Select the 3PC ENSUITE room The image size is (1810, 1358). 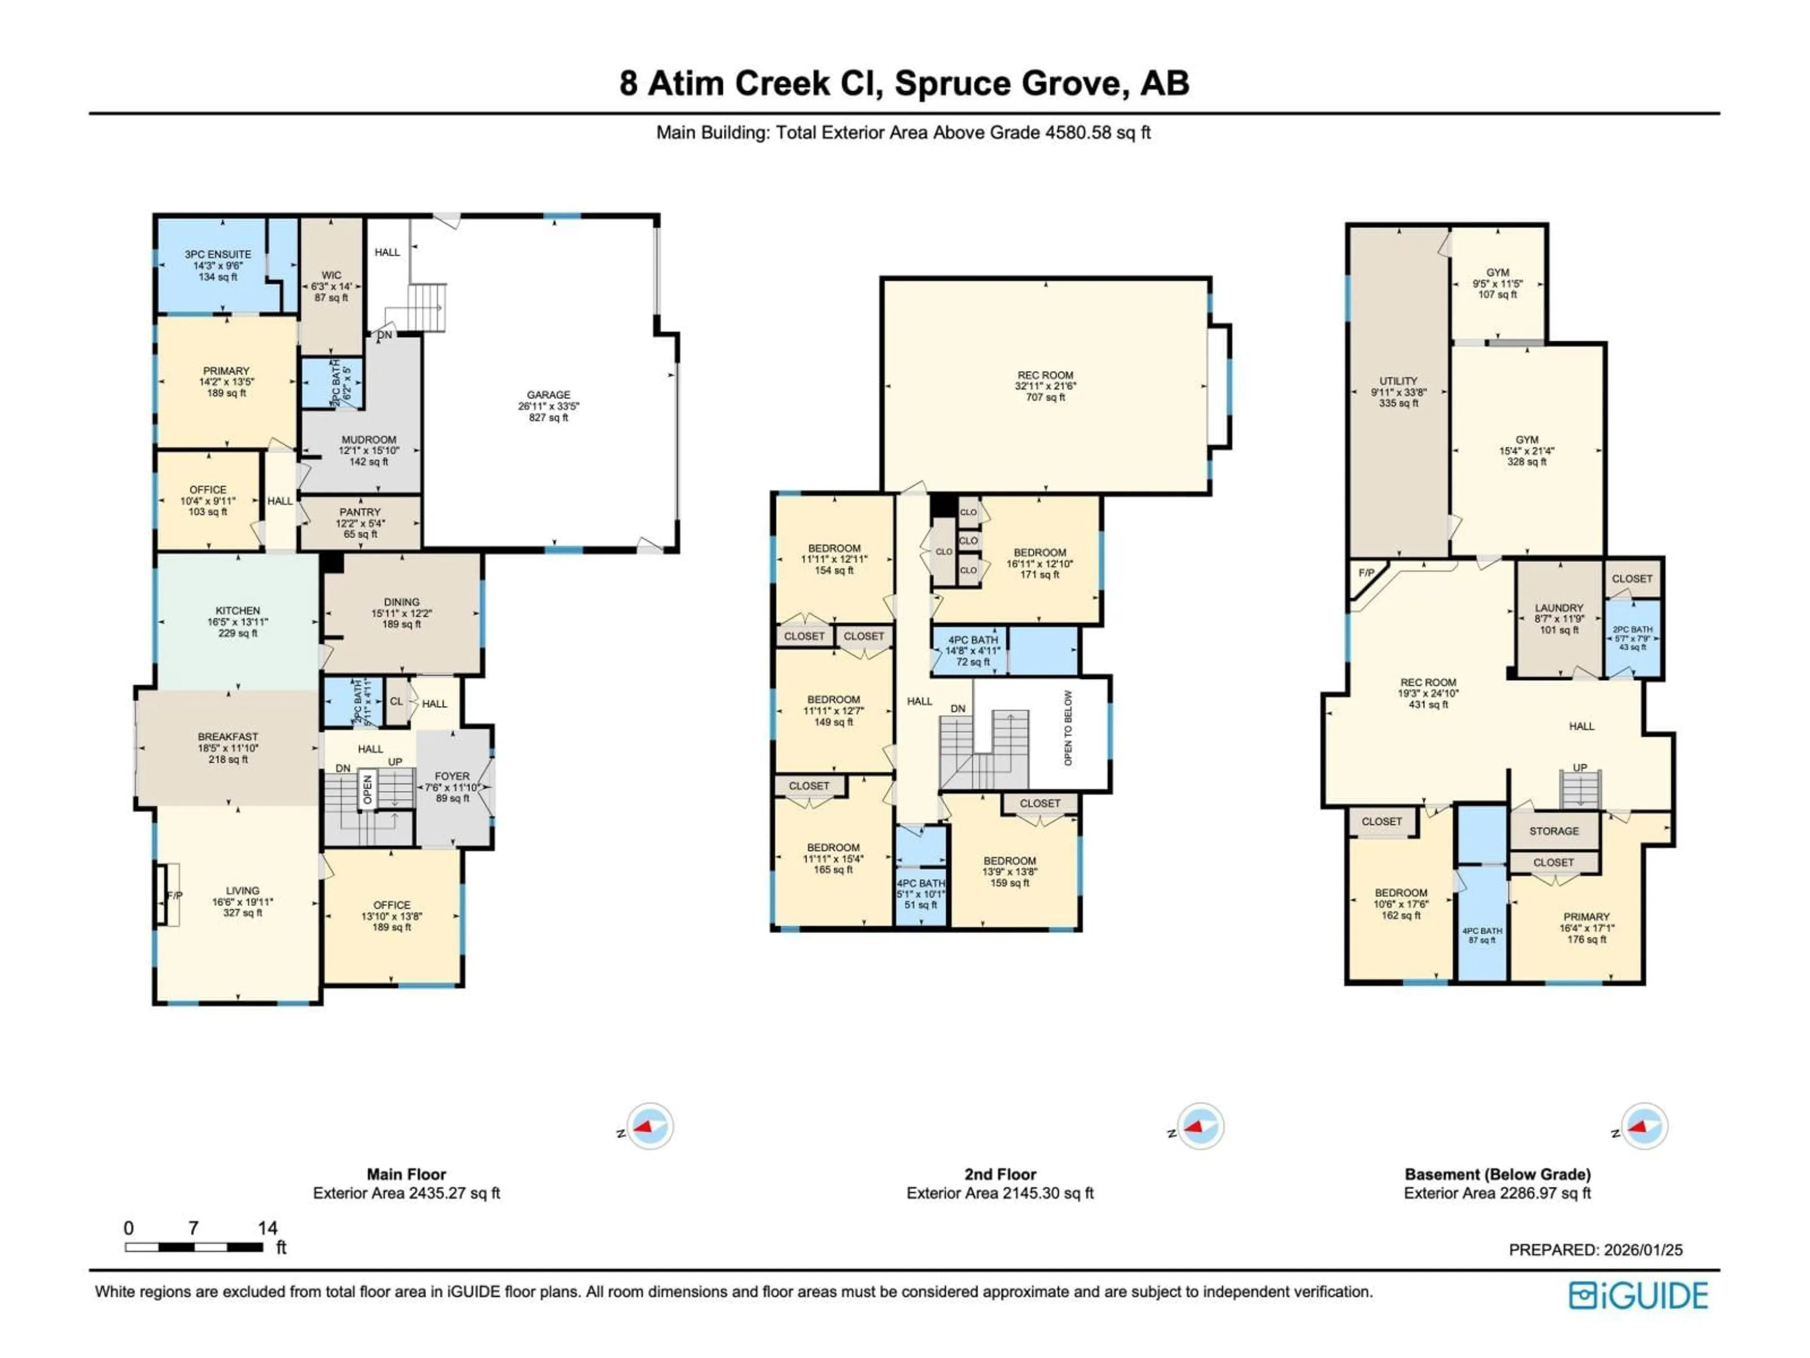(218, 265)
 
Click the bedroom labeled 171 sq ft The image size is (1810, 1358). (1039, 563)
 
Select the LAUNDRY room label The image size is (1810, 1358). (1559, 619)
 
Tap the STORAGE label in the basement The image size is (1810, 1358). (1554, 831)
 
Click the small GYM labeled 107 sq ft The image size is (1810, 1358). (1497, 283)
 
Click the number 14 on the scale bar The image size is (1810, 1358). (268, 1228)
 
